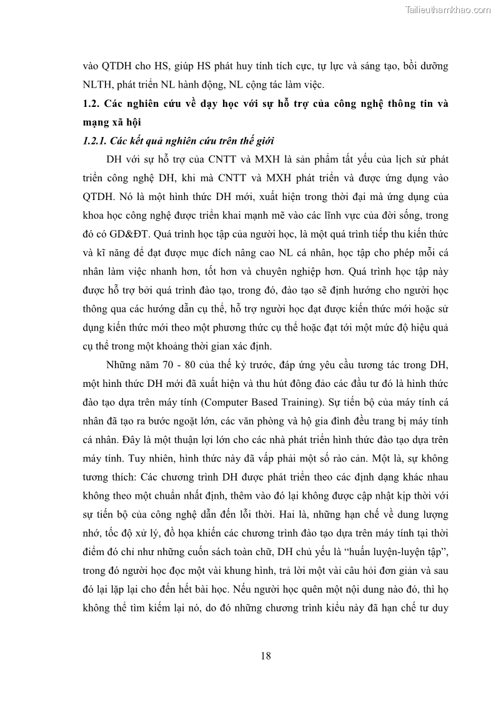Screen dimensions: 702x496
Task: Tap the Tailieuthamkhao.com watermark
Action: coord(448,9)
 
